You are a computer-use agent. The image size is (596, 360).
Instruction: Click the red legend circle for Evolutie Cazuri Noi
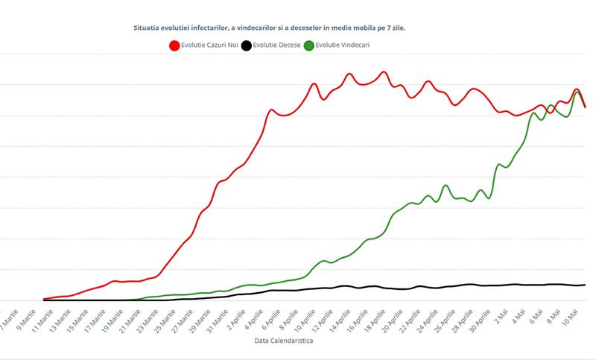175,45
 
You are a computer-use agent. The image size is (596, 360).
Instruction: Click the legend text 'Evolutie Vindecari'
342,45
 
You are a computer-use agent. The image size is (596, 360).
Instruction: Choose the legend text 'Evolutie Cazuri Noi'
210,45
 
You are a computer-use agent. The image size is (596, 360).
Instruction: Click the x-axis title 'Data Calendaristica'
279,341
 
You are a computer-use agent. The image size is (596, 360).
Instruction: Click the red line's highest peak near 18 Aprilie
384,72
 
